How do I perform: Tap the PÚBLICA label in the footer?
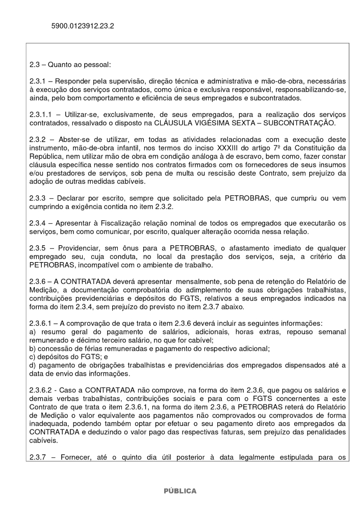179,491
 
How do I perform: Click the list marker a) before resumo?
33,331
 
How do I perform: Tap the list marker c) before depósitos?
33,356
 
